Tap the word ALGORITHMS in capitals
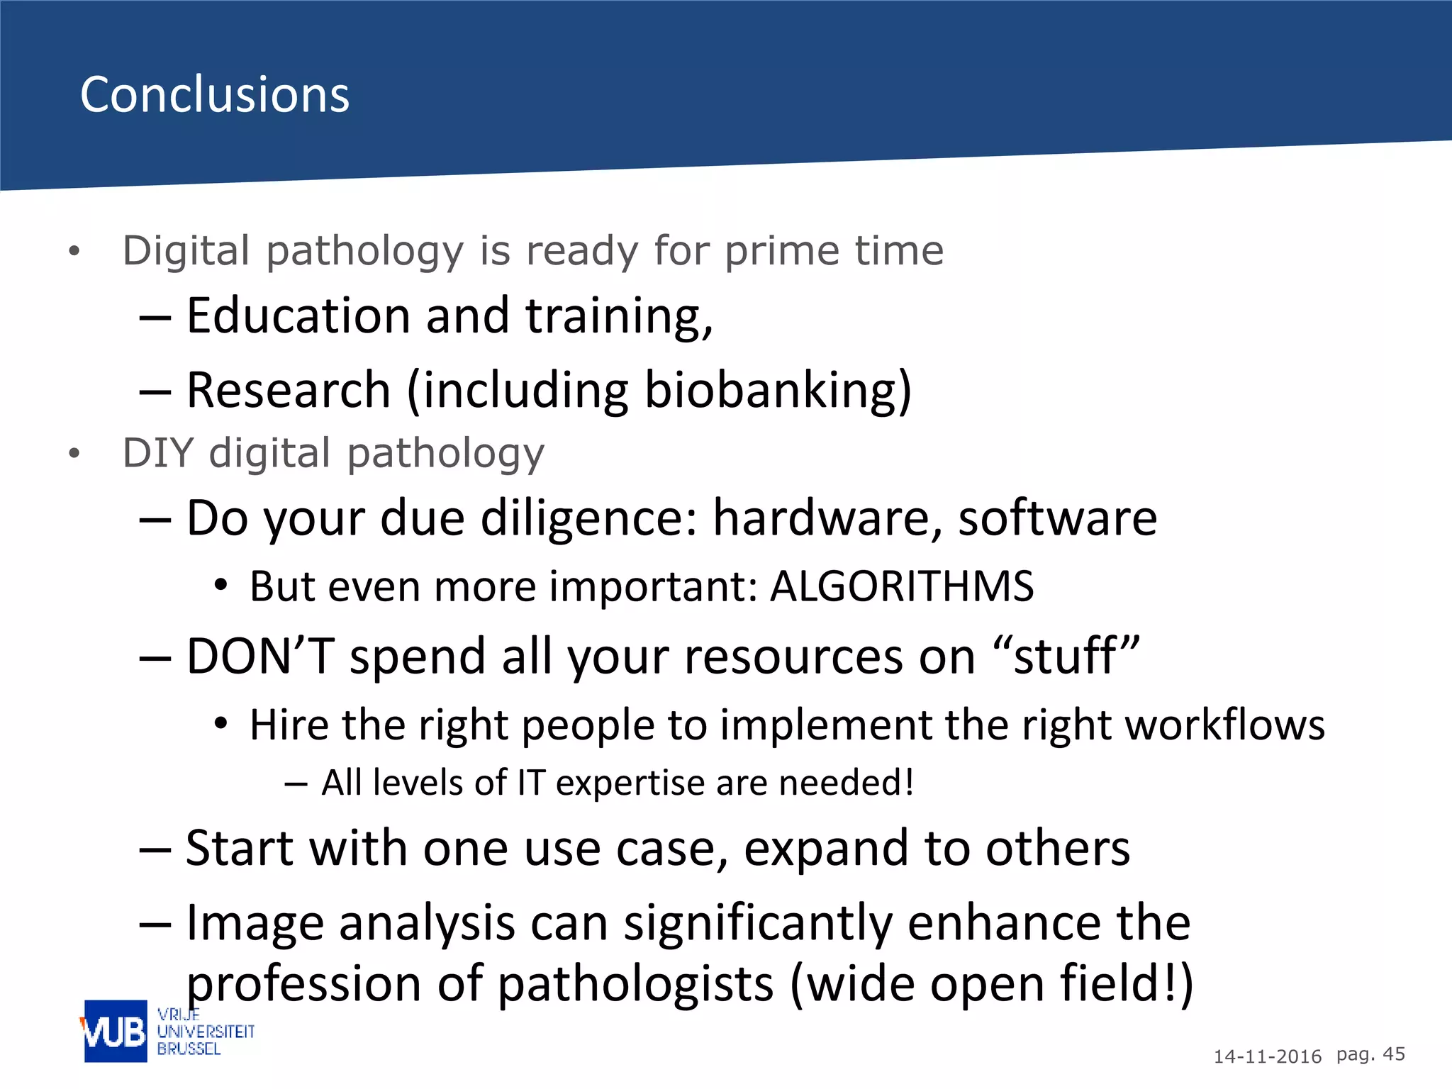pos(902,586)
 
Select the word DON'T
pos(259,656)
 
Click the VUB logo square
pos(116,1031)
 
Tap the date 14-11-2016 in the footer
pos(1267,1056)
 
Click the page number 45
pos(1394,1054)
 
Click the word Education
pos(298,316)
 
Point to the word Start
pos(240,849)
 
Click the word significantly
pos(757,924)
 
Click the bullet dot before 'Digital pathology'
pos(74,251)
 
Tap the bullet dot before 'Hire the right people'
pos(221,724)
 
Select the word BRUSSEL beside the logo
pos(189,1049)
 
